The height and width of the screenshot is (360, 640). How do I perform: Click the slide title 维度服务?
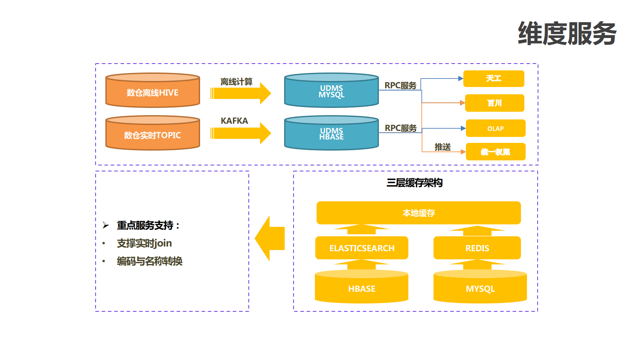pyautogui.click(x=567, y=34)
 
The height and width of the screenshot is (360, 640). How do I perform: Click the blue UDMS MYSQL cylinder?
pyautogui.click(x=331, y=91)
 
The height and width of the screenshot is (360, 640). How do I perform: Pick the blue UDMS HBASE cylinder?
pyautogui.click(x=331, y=134)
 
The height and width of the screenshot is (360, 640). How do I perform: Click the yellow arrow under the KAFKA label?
pyautogui.click(x=241, y=134)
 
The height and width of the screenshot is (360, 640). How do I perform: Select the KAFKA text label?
pyautogui.click(x=234, y=121)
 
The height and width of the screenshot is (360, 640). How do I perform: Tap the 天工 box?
pyautogui.click(x=494, y=78)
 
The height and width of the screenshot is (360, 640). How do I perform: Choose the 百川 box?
pyautogui.click(x=494, y=103)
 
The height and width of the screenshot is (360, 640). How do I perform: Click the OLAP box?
pyautogui.click(x=495, y=128)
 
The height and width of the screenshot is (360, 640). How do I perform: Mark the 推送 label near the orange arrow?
pyautogui.click(x=442, y=147)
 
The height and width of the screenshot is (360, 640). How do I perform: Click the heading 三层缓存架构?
pyautogui.click(x=414, y=183)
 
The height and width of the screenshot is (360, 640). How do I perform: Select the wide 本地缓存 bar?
pyautogui.click(x=419, y=213)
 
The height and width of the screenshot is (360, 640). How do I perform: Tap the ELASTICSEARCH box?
pyautogui.click(x=361, y=248)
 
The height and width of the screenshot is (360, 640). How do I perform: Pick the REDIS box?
pyautogui.click(x=477, y=248)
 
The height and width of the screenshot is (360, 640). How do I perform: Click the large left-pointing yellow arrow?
pyautogui.click(x=270, y=238)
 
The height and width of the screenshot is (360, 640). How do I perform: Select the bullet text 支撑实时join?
pyautogui.click(x=144, y=243)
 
